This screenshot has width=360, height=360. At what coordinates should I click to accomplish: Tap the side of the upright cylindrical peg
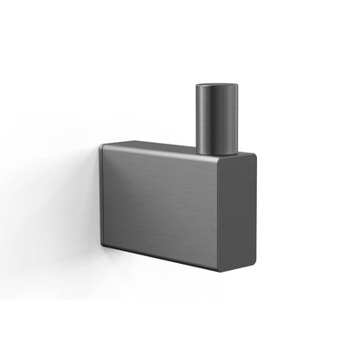pos(217,121)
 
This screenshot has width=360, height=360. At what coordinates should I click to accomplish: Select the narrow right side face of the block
pos(245,212)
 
